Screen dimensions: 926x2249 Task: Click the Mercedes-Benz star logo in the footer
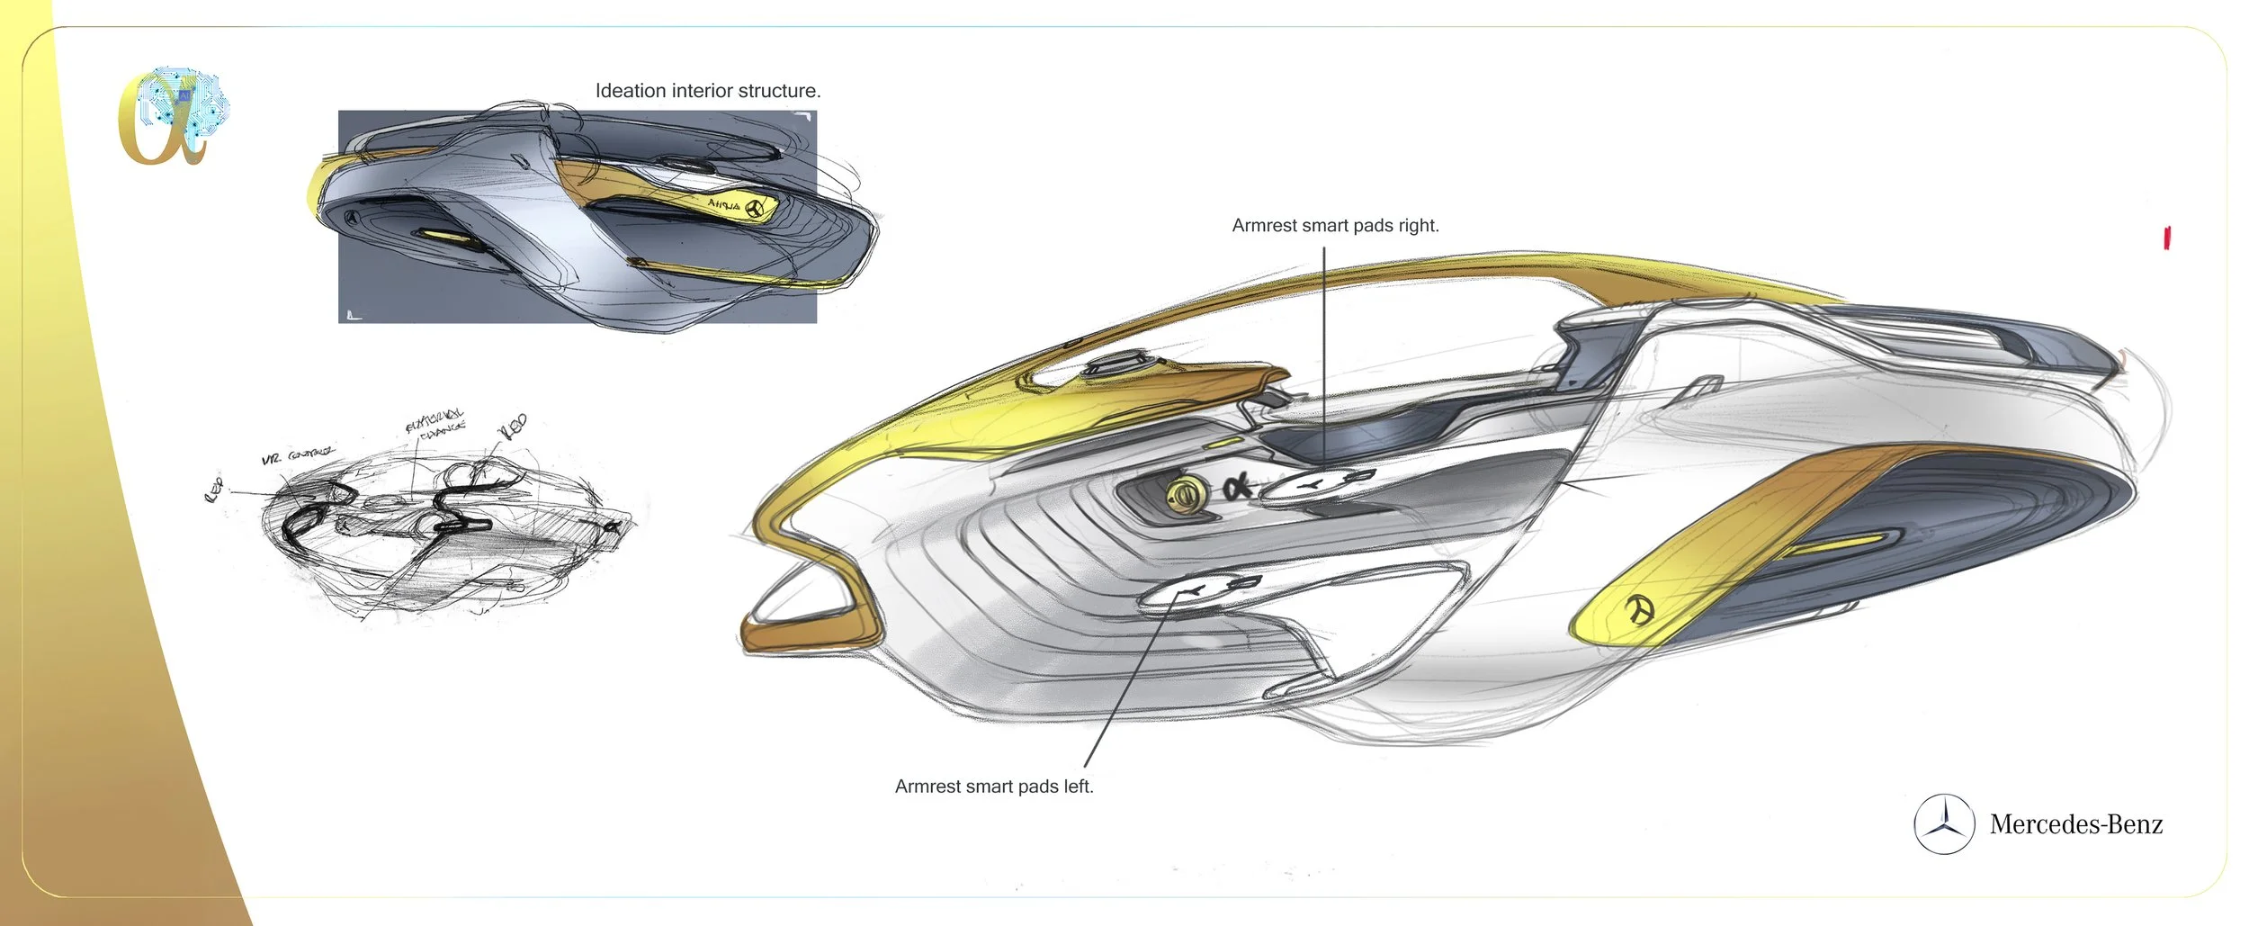[1944, 824]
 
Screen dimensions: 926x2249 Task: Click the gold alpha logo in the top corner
[171, 117]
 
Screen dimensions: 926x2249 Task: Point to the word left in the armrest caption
[1078, 787]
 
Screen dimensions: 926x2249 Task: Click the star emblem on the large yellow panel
[1639, 611]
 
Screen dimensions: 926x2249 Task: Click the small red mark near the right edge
[2167, 238]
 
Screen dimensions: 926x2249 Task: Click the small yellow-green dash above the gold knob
[1223, 444]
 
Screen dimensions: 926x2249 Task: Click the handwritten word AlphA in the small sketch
[723, 204]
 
